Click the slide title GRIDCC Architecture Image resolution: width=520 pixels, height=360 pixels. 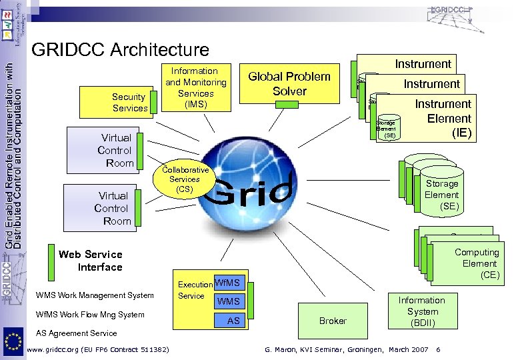(x=120, y=49)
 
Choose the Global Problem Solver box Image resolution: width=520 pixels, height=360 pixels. (x=289, y=84)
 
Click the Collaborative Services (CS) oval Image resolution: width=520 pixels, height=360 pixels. (x=185, y=179)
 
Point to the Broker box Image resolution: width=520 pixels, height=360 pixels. (x=333, y=321)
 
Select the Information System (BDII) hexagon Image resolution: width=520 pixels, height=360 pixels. (x=421, y=311)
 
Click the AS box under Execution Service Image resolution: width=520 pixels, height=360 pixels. (x=233, y=321)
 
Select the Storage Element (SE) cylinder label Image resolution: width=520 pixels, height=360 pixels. (x=441, y=195)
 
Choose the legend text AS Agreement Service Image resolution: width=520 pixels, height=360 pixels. (x=76, y=333)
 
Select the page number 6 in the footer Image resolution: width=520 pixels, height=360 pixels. (x=437, y=350)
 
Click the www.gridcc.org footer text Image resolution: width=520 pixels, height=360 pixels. (x=97, y=350)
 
